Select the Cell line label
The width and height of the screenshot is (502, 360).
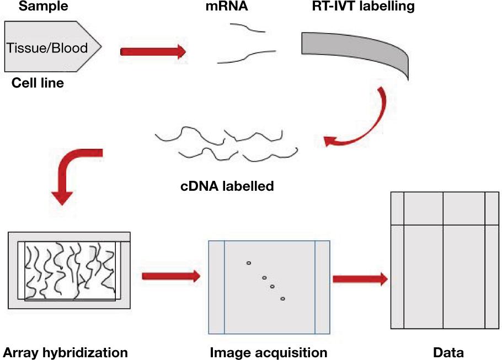tap(38, 84)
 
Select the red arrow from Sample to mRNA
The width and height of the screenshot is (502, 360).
tap(153, 52)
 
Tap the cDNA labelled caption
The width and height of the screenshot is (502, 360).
tap(227, 186)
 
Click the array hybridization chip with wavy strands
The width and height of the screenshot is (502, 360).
tap(69, 270)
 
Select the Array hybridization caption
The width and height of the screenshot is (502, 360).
tap(65, 352)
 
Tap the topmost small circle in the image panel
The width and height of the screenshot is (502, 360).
tap(248, 263)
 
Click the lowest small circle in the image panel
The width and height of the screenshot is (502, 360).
tap(282, 299)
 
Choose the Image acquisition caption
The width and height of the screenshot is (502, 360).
tap(269, 352)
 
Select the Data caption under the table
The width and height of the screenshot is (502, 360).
tap(448, 352)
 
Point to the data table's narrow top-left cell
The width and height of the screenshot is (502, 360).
tap(397, 208)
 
